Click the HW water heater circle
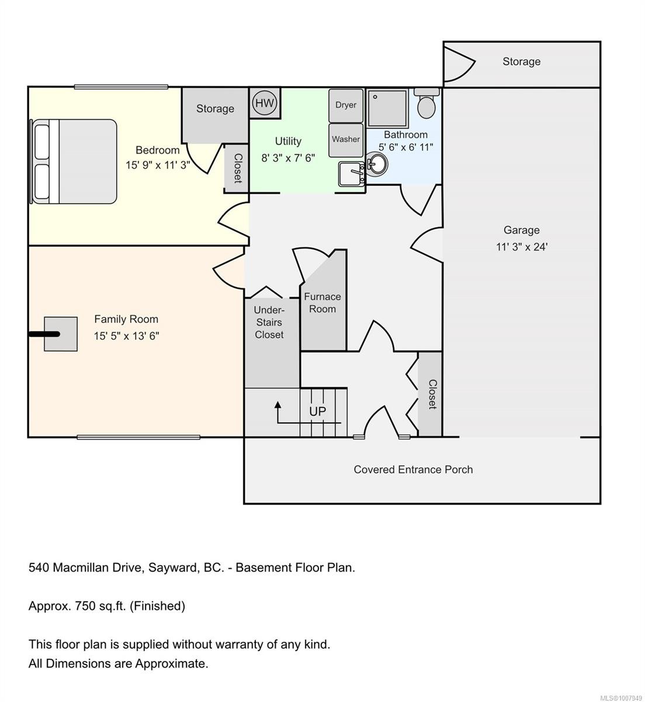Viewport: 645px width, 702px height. [265, 104]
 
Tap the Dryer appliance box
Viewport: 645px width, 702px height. [346, 105]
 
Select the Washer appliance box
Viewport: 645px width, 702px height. [346, 139]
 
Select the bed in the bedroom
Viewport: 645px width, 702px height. [74, 162]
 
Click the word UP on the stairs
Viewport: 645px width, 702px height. [317, 411]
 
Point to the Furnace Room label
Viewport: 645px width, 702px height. [322, 302]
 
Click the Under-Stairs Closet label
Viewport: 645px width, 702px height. [269, 322]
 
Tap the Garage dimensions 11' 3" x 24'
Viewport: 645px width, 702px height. [522, 247]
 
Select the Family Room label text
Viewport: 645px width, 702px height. [126, 319]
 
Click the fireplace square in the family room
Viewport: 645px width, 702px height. [61, 334]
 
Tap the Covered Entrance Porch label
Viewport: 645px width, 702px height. [413, 469]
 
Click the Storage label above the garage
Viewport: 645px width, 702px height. [521, 61]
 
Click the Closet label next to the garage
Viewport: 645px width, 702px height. [432, 394]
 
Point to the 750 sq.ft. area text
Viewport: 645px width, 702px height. [106, 606]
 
